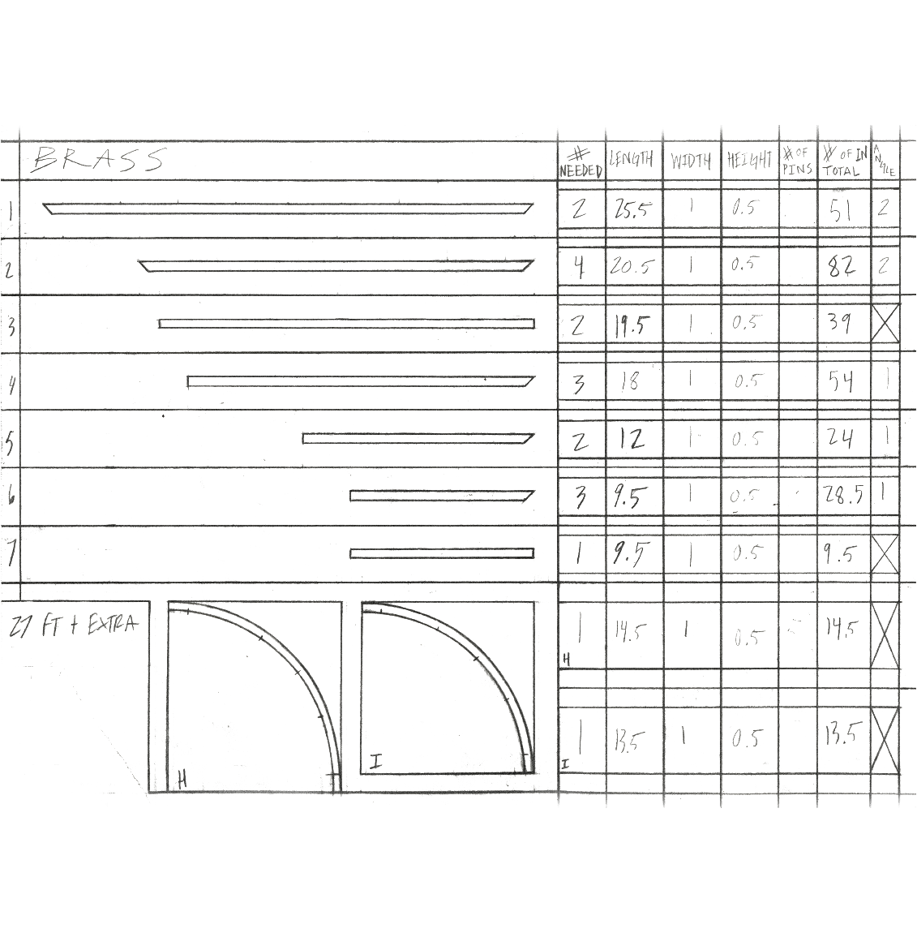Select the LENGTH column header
click(631, 160)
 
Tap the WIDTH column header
click(691, 161)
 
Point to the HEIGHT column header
click(748, 161)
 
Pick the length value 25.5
click(632, 209)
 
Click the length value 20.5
click(632, 266)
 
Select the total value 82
click(842, 266)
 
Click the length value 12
click(632, 439)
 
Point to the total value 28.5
click(844, 496)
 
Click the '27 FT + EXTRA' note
click(74, 626)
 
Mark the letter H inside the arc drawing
click(182, 781)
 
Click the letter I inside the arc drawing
click(376, 762)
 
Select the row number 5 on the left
click(10, 441)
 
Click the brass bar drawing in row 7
click(442, 553)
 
